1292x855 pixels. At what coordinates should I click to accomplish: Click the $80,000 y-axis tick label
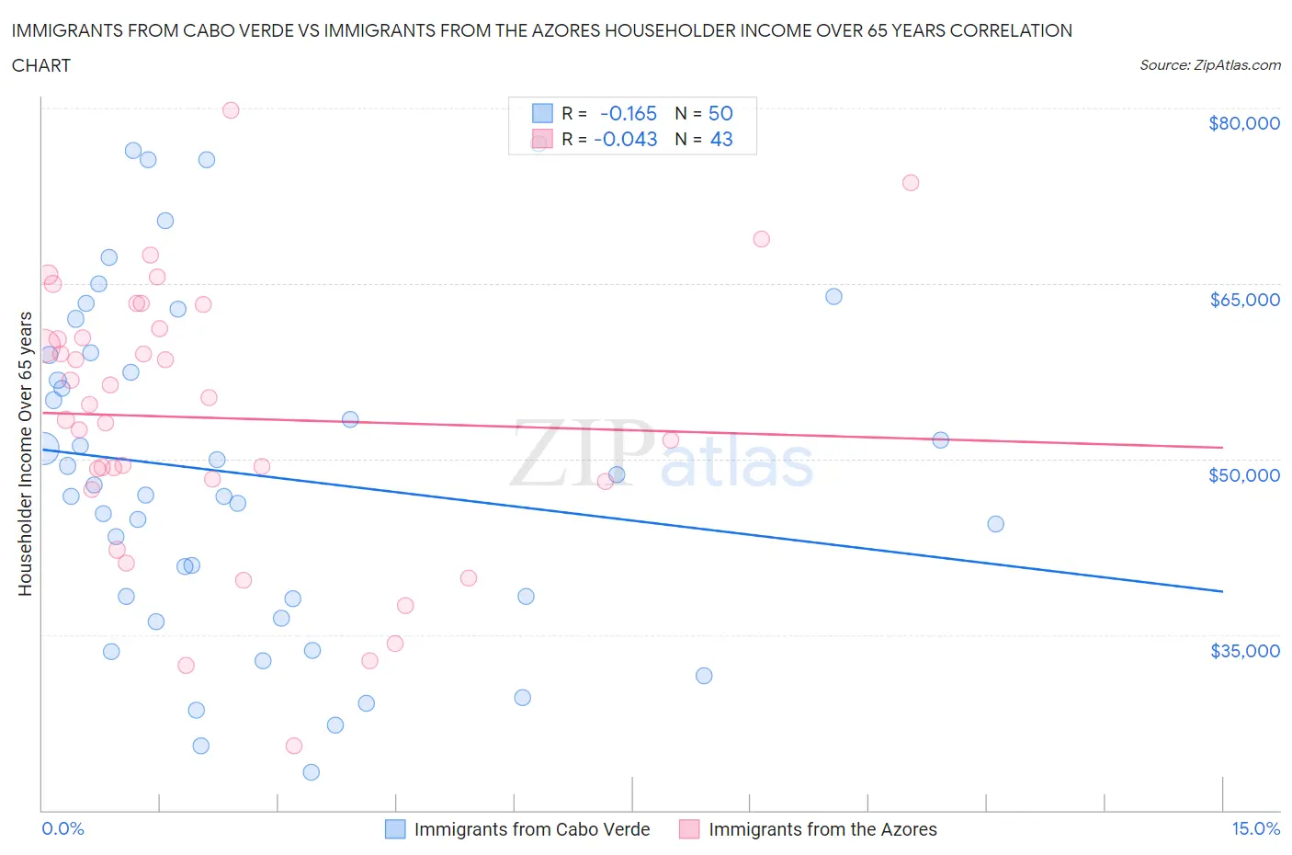(1243, 124)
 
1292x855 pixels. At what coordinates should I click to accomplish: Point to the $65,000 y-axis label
(1244, 300)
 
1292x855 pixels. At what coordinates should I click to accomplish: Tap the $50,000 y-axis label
(1243, 475)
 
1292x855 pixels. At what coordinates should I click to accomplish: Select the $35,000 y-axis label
(1244, 651)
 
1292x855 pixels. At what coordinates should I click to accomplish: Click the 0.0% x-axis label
(62, 828)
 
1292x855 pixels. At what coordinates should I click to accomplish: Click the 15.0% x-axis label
(1255, 828)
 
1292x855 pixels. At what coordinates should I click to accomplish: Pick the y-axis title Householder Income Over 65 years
(26, 453)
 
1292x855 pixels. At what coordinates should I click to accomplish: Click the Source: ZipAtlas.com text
(1209, 65)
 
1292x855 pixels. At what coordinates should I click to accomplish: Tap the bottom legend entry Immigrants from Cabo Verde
(531, 829)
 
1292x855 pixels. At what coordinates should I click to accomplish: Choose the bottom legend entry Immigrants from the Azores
(822, 829)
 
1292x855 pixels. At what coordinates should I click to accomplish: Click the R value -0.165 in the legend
(629, 113)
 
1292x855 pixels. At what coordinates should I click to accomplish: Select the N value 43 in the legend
(721, 139)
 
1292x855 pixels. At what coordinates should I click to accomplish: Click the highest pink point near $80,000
(231, 110)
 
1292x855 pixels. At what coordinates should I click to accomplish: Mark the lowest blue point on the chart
(312, 772)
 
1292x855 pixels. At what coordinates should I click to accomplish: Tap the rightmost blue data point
(995, 524)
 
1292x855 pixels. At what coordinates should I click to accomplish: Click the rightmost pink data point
(911, 182)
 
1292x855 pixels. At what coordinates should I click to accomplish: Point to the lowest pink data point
(294, 746)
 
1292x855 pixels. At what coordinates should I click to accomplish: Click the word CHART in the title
(41, 65)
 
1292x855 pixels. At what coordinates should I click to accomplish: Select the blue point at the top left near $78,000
(133, 151)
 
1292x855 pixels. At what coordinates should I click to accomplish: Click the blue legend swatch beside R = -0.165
(542, 113)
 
